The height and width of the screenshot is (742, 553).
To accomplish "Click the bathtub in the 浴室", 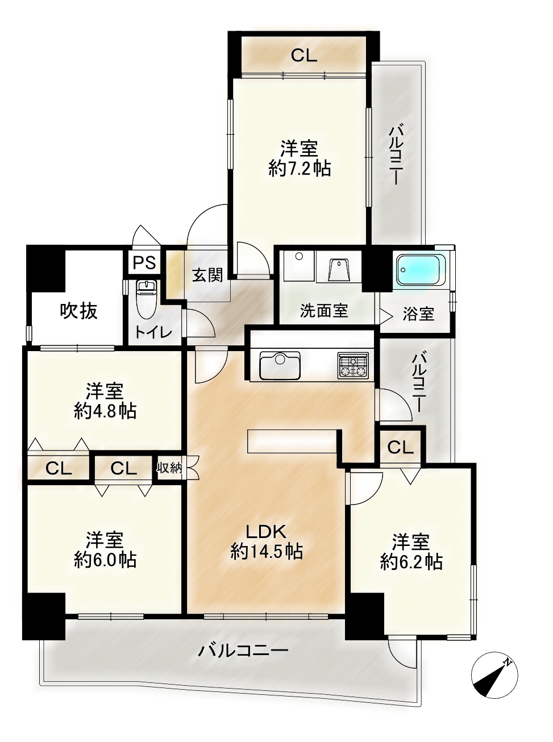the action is point(421,270).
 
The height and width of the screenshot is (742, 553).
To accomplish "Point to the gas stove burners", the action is point(353,365).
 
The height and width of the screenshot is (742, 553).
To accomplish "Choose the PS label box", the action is point(144,262).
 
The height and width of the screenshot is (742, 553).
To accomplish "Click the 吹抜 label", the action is point(79,311).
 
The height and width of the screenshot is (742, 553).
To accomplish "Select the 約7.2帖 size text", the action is point(300,169).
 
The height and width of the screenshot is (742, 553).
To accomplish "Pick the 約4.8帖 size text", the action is point(105,411).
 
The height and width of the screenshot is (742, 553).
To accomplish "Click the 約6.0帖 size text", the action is point(105,560).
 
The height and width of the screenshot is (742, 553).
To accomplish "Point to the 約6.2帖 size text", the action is point(411,562).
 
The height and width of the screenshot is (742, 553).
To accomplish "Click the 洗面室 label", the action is point(324,311).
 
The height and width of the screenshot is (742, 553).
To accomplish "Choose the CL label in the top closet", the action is point(304,55).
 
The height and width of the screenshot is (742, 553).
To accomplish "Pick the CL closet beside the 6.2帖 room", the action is point(400,448).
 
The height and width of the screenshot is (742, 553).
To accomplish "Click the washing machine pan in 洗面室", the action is point(299,266).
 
